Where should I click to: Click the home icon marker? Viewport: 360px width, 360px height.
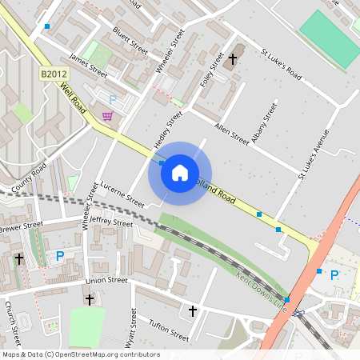[179, 173]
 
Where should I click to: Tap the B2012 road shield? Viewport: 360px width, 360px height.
[53, 74]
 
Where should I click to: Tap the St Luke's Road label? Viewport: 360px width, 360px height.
[282, 66]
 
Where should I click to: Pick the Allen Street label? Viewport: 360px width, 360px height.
[232, 134]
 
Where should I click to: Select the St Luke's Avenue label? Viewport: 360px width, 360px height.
[313, 153]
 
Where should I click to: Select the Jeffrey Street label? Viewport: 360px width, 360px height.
[111, 221]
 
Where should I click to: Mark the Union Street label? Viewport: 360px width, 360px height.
[106, 281]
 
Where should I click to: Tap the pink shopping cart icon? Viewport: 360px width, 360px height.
[106, 117]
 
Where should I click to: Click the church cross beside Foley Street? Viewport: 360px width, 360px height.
[234, 60]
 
